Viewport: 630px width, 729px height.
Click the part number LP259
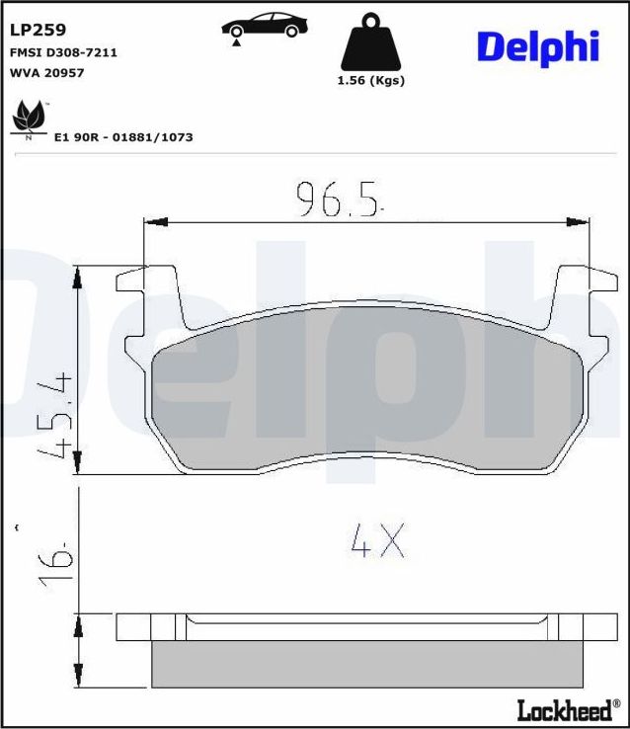pos(38,31)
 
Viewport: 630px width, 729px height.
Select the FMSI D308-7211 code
pos(63,52)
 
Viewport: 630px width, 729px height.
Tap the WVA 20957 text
pos(45,72)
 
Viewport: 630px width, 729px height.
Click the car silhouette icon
pos(262,27)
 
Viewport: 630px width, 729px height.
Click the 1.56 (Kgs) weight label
pos(370,81)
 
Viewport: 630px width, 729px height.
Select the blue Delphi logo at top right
pos(538,45)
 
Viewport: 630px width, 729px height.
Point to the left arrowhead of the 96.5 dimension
pos(153,222)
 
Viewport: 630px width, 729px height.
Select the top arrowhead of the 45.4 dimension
pos(79,276)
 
